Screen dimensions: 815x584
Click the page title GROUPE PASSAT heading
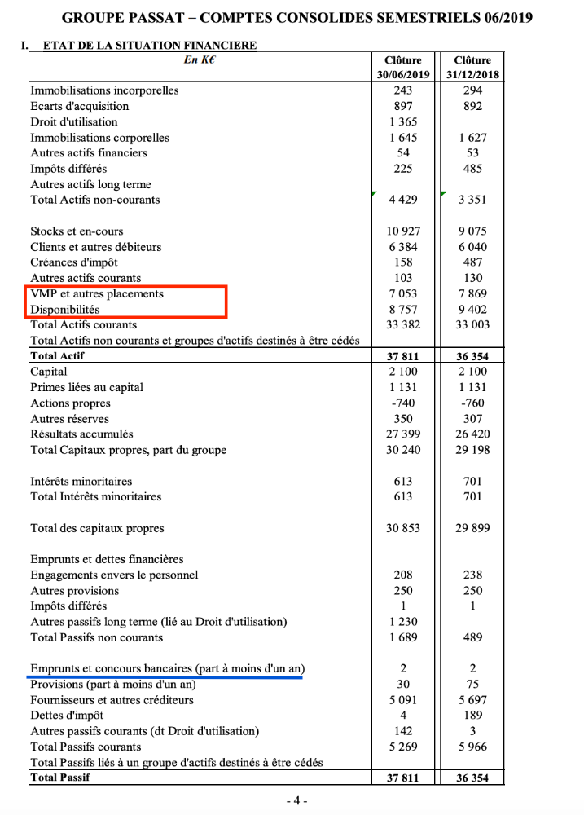(297, 17)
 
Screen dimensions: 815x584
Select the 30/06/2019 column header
(402, 68)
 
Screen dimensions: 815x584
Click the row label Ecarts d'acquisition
(79, 106)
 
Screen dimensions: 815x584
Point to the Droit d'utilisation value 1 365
(402, 121)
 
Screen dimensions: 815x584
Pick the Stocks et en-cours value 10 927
(402, 231)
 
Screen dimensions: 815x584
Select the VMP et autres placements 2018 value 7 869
(472, 293)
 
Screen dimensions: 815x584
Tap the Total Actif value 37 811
(402, 356)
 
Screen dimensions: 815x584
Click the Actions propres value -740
(402, 403)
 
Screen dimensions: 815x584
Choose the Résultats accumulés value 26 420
(472, 434)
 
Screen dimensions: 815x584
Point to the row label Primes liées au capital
(86, 387)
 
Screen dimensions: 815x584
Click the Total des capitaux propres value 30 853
(402, 528)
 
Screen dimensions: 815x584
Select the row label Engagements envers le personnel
(114, 575)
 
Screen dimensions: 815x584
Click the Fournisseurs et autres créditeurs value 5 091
(402, 699)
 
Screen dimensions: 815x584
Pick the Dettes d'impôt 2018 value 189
(472, 715)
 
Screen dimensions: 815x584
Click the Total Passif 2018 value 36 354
(472, 778)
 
